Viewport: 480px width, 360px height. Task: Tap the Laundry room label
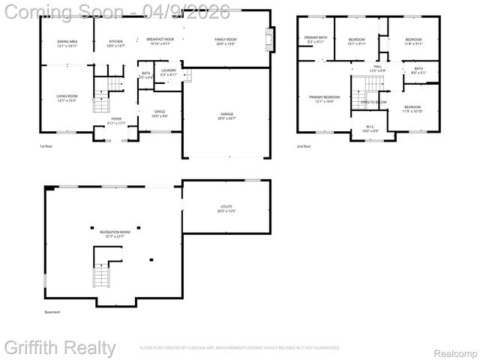169,72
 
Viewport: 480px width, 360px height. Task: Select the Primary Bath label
316,39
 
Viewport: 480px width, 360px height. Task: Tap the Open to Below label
373,102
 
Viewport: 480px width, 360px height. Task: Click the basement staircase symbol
101,277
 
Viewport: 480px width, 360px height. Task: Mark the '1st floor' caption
47,147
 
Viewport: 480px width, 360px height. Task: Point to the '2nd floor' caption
304,147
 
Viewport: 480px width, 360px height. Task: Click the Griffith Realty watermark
60,348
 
